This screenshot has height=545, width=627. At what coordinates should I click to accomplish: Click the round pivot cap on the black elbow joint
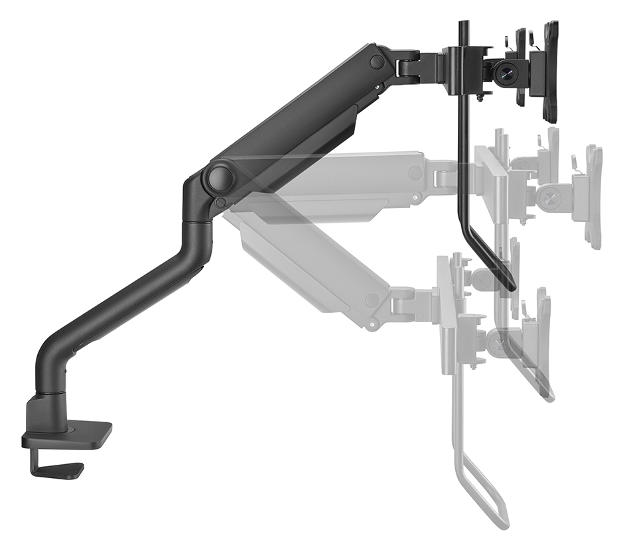point(220,178)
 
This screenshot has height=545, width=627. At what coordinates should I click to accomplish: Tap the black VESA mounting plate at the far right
point(550,72)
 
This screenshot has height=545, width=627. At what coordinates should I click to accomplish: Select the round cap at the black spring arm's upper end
point(377,62)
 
